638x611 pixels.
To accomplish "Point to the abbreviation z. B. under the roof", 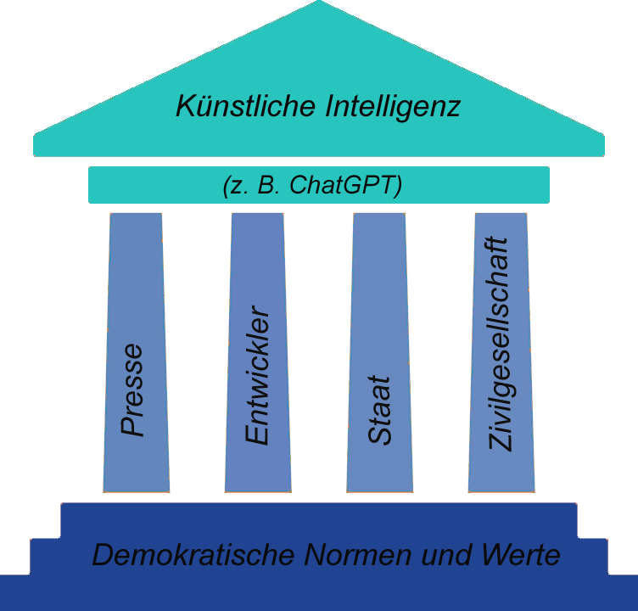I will (253, 185).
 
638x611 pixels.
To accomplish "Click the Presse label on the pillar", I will (132, 389).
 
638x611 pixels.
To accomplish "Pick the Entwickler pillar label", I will (256, 375).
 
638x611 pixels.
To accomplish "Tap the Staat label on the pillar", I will (379, 410).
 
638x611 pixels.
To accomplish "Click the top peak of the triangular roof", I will (319, 4).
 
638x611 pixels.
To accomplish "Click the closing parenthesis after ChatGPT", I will (397, 185).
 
